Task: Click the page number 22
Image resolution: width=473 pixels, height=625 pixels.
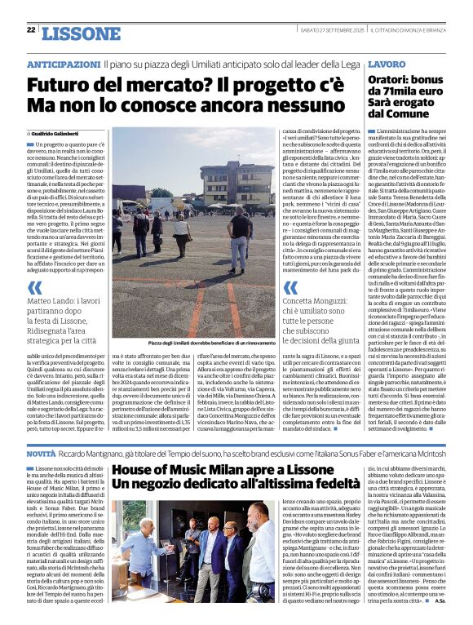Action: (x=31, y=29)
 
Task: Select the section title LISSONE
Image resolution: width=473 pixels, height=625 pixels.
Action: (x=80, y=33)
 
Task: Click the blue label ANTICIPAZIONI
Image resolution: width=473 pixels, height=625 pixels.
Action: (x=64, y=64)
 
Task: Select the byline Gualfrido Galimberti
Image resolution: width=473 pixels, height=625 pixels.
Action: (x=61, y=133)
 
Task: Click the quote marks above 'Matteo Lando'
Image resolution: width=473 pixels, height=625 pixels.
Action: (x=35, y=287)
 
